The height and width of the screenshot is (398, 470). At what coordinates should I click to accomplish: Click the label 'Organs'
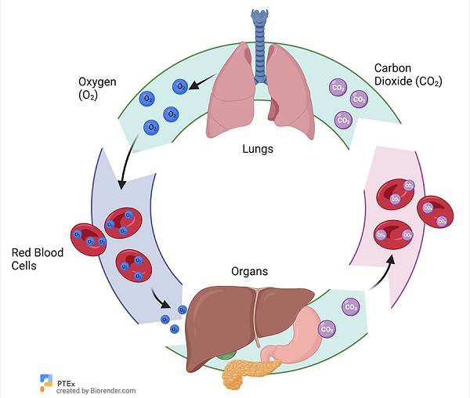click(249, 272)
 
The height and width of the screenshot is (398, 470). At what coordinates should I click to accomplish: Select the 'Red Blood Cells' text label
click(38, 259)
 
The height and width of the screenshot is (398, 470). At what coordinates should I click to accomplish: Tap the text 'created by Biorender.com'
click(96, 390)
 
